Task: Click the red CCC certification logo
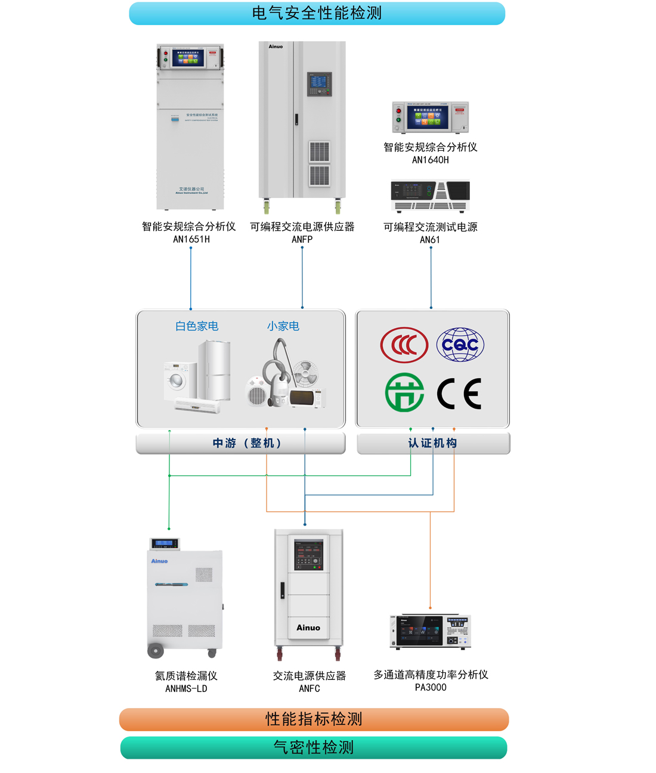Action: (404, 345)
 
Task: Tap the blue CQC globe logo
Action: (460, 345)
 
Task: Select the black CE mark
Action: (459, 393)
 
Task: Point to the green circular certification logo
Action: (404, 392)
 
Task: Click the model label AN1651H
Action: (191, 239)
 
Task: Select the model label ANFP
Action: (302, 239)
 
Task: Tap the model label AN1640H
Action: (430, 160)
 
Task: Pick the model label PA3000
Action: (431, 687)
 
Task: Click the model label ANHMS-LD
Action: (186, 688)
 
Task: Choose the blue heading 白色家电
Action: (197, 326)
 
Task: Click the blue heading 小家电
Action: (283, 326)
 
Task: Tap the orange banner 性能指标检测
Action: (314, 719)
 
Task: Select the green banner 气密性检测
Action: (314, 747)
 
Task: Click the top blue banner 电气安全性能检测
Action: (317, 13)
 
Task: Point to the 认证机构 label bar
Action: (433, 443)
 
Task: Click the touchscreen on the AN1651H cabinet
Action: (188, 58)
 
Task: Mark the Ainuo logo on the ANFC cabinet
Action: (308, 627)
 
